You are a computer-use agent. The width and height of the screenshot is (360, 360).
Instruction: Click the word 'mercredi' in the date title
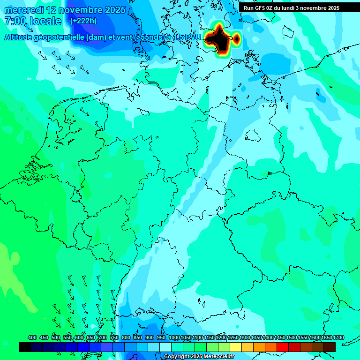pyautogui.click(x=24, y=10)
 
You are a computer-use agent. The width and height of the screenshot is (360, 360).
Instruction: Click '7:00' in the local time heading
pyautogui.click(x=15, y=21)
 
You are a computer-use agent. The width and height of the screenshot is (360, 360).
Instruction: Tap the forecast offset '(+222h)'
pyautogui.click(x=83, y=21)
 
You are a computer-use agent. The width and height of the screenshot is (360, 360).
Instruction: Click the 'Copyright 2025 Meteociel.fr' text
pyautogui.click(x=199, y=356)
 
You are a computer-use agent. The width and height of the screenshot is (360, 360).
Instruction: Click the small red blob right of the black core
pyautogui.click(x=237, y=38)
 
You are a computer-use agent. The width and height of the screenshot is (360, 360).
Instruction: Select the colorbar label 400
pyautogui.click(x=32, y=337)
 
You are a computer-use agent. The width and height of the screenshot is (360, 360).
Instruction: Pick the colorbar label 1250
pyautogui.click(x=232, y=337)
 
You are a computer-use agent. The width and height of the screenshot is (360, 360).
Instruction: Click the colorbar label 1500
pyautogui.click(x=291, y=337)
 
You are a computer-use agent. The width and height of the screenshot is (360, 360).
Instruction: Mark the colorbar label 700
pyautogui.click(x=103, y=337)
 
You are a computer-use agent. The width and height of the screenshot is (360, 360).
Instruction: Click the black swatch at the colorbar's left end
pyautogui.click(x=25, y=347)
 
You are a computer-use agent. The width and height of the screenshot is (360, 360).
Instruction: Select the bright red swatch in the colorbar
pyautogui.click(x=283, y=347)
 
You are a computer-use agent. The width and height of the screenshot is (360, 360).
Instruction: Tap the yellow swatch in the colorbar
pyautogui.click(x=236, y=347)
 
